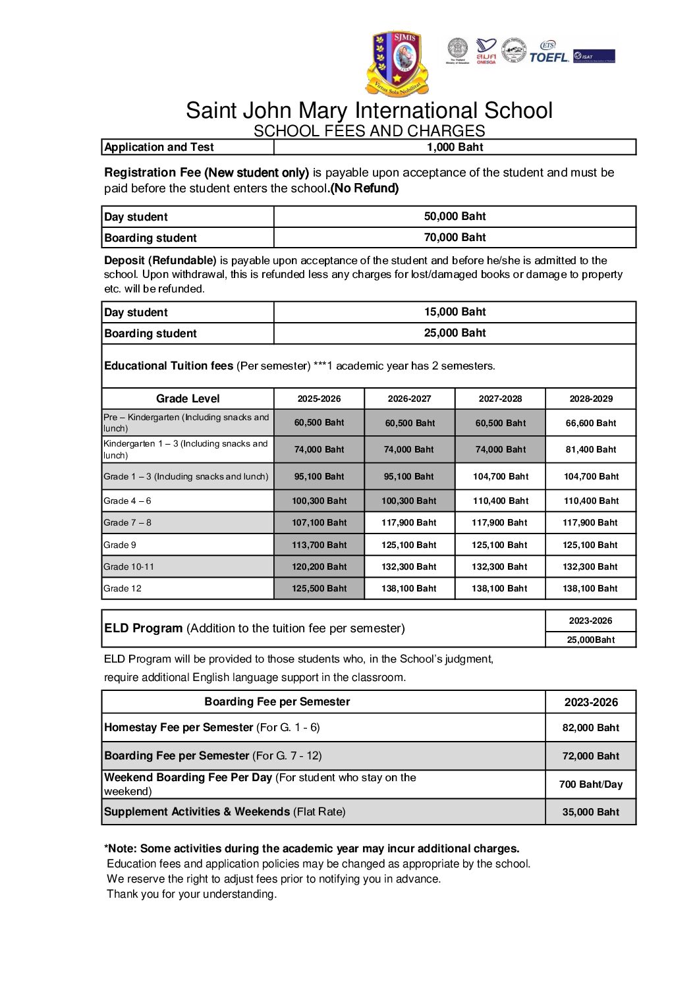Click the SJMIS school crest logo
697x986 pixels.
(x=397, y=63)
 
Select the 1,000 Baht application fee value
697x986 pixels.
(x=455, y=147)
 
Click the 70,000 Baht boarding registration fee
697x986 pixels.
(x=455, y=237)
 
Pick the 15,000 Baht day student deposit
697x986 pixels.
(x=455, y=312)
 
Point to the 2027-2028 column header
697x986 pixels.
(x=500, y=398)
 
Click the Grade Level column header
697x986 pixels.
(x=188, y=398)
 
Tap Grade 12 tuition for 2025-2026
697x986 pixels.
(x=319, y=588)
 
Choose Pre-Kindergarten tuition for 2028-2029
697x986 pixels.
(x=591, y=423)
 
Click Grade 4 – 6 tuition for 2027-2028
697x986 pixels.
(x=500, y=501)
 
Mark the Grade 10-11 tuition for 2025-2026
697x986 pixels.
(x=319, y=566)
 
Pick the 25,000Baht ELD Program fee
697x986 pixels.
(x=591, y=640)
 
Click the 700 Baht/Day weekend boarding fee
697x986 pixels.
(x=591, y=784)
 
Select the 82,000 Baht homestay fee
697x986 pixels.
(x=591, y=727)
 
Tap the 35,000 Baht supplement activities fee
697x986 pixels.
(x=591, y=811)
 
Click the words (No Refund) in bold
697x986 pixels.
(x=364, y=188)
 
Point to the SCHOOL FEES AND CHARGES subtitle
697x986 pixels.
(x=369, y=130)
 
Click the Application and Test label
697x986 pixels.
(x=159, y=147)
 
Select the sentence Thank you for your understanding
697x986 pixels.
(x=192, y=894)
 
